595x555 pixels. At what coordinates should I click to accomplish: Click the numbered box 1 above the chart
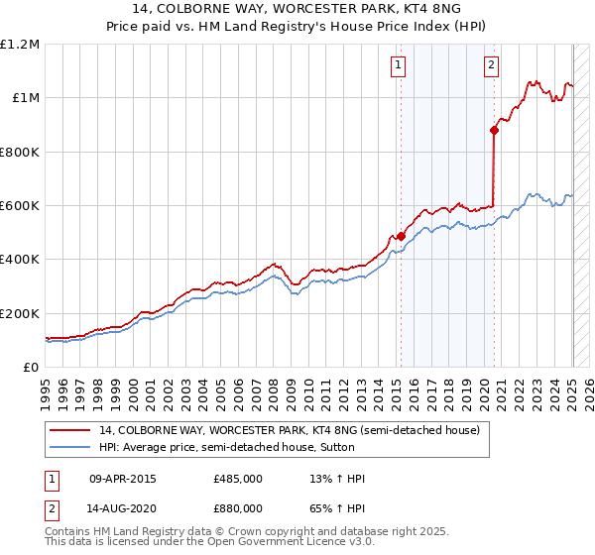click(x=398, y=66)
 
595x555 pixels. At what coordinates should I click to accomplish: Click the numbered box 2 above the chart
click(x=491, y=66)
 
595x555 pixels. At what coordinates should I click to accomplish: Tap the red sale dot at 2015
click(x=401, y=236)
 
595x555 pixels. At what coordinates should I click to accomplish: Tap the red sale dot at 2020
click(x=494, y=129)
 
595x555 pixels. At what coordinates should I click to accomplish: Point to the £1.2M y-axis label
click(x=20, y=45)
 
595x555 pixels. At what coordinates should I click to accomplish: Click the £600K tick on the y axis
click(x=19, y=206)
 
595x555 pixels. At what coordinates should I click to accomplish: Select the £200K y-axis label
click(x=19, y=313)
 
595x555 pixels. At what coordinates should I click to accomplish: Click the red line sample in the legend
click(x=70, y=430)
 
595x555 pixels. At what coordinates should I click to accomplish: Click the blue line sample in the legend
click(x=70, y=448)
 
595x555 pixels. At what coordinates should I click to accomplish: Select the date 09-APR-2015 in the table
click(x=122, y=479)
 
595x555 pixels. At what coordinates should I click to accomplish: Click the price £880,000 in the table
click(x=238, y=507)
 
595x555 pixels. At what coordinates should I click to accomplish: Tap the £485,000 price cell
click(x=238, y=479)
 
